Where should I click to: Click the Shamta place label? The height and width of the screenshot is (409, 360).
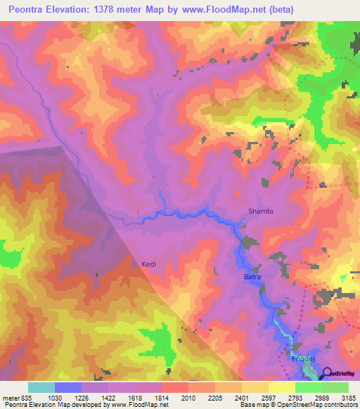tap(257, 211)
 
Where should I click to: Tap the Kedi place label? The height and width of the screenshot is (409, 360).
tap(148, 264)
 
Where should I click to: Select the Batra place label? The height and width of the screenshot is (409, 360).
tap(252, 278)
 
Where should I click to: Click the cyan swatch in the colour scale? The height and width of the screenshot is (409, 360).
tap(41, 387)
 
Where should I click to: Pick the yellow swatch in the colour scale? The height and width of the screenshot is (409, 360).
tap(281, 387)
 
